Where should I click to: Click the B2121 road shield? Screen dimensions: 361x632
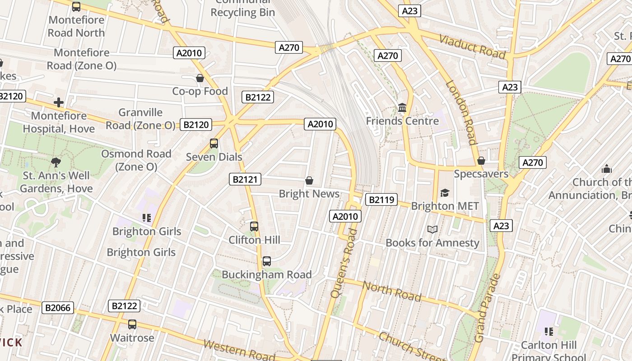[245, 179]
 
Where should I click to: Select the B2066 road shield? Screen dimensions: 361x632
[58, 308]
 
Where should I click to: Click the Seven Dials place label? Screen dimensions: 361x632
[214, 157]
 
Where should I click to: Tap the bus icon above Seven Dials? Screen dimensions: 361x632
[214, 143]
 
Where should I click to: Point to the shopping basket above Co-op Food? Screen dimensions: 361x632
[200, 79]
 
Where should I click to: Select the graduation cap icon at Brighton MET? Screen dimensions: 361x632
[445, 193]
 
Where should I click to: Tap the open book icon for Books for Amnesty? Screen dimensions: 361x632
[432, 229]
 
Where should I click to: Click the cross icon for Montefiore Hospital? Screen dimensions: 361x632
[59, 102]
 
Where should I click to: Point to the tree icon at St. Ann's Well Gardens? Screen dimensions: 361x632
[56, 162]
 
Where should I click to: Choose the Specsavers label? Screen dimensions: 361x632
[481, 174]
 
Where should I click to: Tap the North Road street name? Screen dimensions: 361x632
[392, 291]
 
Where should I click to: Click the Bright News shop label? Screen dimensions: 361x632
[309, 194]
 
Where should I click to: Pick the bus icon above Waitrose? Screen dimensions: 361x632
[132, 324]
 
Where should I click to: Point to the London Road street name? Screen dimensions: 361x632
[461, 112]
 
